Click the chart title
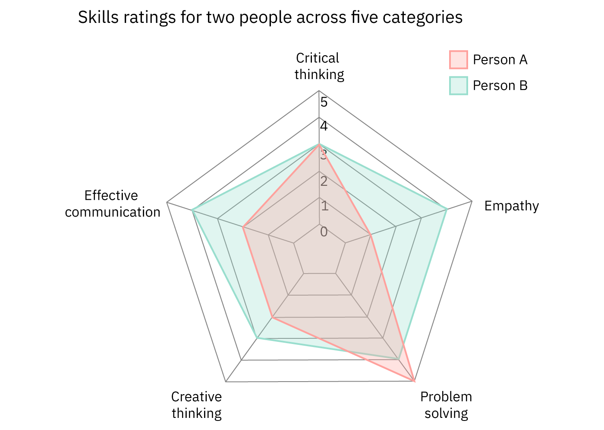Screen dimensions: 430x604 tap(270, 18)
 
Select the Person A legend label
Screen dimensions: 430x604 tap(500, 60)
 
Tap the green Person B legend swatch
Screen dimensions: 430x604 tap(458, 86)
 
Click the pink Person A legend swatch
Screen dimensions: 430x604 tap(458, 60)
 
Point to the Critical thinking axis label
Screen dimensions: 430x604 tap(319, 66)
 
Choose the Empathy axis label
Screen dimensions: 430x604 tap(511, 206)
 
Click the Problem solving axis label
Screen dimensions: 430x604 tap(446, 405)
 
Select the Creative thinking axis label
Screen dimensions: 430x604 tap(197, 405)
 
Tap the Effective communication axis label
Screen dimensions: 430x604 tap(113, 204)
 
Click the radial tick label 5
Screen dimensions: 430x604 tap(324, 102)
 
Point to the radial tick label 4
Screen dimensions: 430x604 tap(324, 127)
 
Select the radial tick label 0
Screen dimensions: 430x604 tap(324, 232)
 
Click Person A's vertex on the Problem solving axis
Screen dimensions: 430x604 tap(414, 381)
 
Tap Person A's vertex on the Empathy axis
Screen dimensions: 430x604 tap(370, 234)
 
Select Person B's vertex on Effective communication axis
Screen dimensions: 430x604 tap(192, 210)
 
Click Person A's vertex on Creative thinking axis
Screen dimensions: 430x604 tap(272, 318)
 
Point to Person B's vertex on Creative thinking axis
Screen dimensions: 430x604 tap(257, 338)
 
